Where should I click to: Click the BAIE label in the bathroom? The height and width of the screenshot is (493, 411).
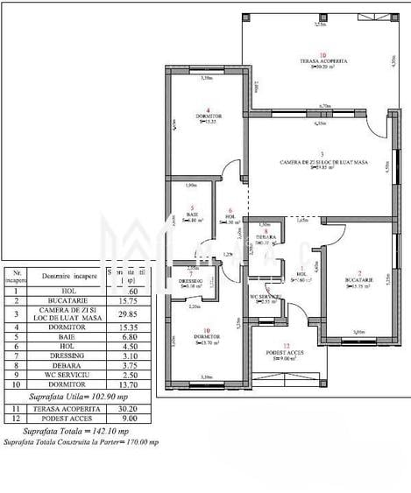point(190,215)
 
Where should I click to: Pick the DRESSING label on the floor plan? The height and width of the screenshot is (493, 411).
point(190,280)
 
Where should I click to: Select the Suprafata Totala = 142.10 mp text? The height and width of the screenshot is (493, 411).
point(80,432)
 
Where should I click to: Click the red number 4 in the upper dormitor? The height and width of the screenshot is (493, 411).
point(207,110)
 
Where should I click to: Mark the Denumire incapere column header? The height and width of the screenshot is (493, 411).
point(70,275)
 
